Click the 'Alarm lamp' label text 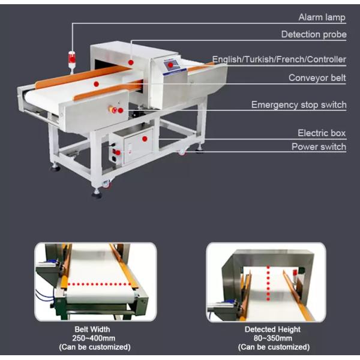[x=322, y=17]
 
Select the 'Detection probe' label [x=314, y=34]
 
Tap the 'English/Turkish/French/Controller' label [x=279, y=59]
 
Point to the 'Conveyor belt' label [x=317, y=78]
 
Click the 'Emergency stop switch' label [x=299, y=104]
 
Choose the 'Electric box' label [x=322, y=133]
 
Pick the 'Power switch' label [x=319, y=147]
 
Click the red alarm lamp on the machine [x=71, y=59]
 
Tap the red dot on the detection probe [x=131, y=62]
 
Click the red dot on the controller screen [x=170, y=65]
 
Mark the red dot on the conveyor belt [x=97, y=84]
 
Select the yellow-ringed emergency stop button [x=113, y=110]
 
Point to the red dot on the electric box [x=145, y=139]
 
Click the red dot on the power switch [x=118, y=152]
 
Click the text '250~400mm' [x=94, y=338]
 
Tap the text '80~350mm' [x=273, y=338]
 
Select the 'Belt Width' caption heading [x=92, y=329]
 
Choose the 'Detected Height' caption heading [x=272, y=329]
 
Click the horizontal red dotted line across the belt [x=100, y=284]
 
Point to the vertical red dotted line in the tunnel [x=268, y=283]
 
